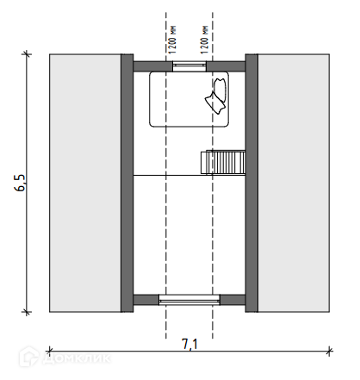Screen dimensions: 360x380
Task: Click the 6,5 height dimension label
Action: (x=20, y=183)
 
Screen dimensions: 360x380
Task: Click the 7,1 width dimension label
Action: (x=189, y=344)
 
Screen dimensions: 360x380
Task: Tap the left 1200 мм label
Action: (x=172, y=40)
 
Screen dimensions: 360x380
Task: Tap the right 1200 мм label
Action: (x=204, y=40)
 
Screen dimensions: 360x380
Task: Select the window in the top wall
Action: (x=189, y=66)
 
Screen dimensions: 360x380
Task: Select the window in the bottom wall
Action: (x=189, y=300)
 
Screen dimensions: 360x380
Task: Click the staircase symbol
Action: (x=223, y=162)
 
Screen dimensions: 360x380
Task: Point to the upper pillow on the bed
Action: (x=220, y=90)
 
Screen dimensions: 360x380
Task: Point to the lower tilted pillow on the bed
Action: (x=215, y=103)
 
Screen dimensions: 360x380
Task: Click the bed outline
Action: (x=150, y=99)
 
